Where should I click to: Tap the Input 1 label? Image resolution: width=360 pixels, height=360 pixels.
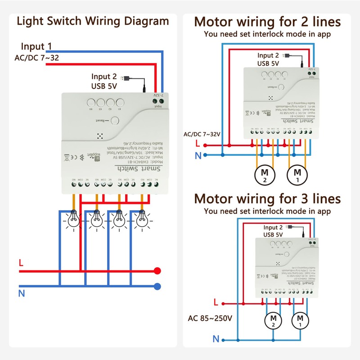coord(36,46)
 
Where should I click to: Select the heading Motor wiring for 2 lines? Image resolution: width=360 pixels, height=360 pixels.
coord(267,22)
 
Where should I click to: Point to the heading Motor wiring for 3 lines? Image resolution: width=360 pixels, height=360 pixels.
coord(267,198)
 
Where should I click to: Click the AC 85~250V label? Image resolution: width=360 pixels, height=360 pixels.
coord(210,319)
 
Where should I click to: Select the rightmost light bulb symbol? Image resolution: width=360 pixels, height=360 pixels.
coord(142,219)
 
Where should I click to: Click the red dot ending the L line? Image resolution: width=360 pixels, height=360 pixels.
coord(157,271)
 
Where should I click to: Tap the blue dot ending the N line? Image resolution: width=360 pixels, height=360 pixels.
coord(157,286)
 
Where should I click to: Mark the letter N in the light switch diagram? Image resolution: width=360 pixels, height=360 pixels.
coord(21,294)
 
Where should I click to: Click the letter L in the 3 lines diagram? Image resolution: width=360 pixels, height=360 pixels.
coord(216,302)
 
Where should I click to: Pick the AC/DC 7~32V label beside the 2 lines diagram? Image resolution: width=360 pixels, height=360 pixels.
coord(202,134)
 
